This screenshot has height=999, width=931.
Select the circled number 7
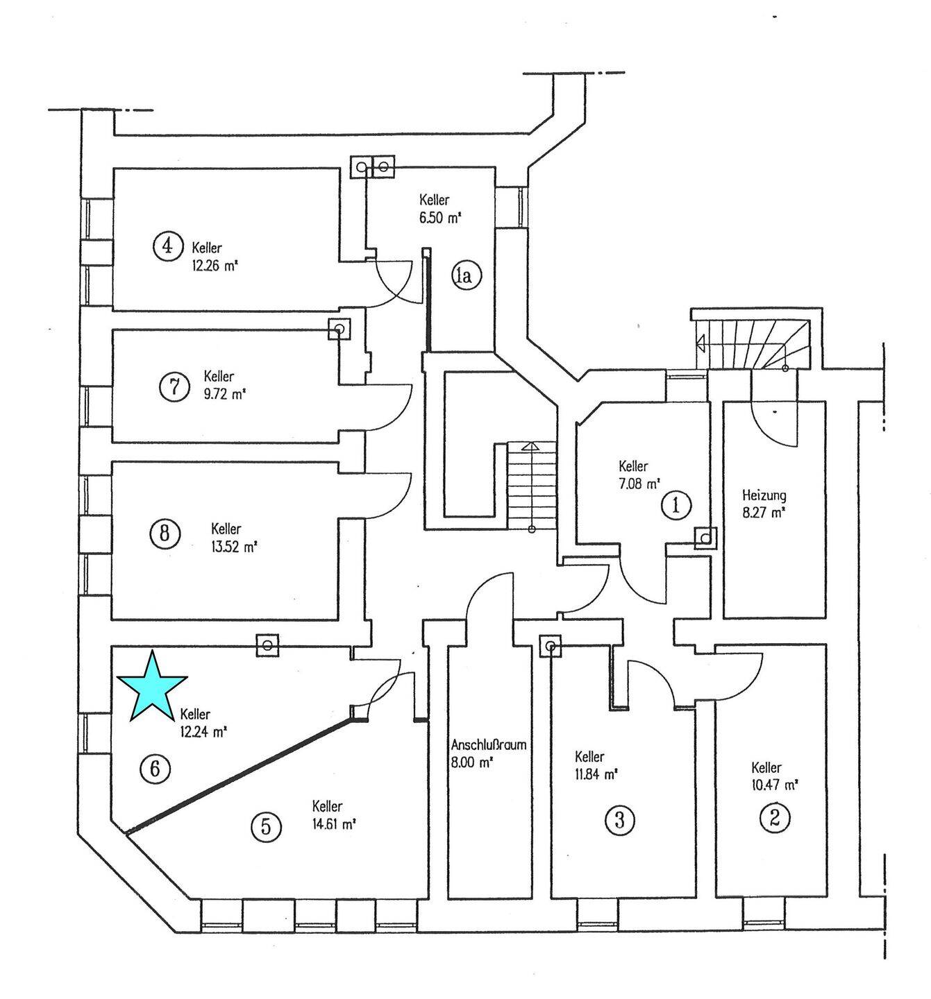point(174,386)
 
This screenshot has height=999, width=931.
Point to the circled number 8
point(165,533)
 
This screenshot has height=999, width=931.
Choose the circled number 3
point(620,821)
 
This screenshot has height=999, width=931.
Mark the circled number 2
point(775,818)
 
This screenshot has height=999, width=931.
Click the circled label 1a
point(464,277)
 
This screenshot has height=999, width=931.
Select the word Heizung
point(764,496)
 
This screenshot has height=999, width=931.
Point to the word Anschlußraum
point(489,745)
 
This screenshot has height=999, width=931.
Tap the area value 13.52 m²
point(234,545)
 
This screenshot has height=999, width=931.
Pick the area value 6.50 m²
point(440,218)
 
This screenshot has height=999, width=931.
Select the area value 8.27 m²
point(764,513)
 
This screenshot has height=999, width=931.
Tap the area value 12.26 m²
point(215,264)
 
